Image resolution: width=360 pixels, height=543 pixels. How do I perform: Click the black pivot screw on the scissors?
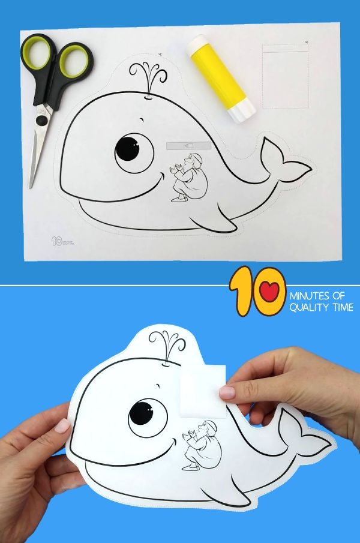point(41,120)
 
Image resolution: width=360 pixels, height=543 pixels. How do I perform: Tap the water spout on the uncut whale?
point(149,79)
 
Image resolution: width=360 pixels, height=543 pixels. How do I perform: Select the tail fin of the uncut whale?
point(284,160)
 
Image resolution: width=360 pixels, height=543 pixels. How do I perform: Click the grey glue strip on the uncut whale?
point(188,146)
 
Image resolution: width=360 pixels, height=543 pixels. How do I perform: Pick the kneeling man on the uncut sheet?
point(188,176)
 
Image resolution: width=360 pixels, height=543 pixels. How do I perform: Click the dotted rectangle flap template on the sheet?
point(285,77)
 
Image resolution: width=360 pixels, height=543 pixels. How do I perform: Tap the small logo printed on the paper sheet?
point(62,241)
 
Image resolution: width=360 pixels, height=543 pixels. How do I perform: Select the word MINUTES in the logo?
point(310,296)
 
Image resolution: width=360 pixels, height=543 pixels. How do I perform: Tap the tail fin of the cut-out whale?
point(305,430)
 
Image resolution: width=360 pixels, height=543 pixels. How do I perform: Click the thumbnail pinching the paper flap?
point(227,392)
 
